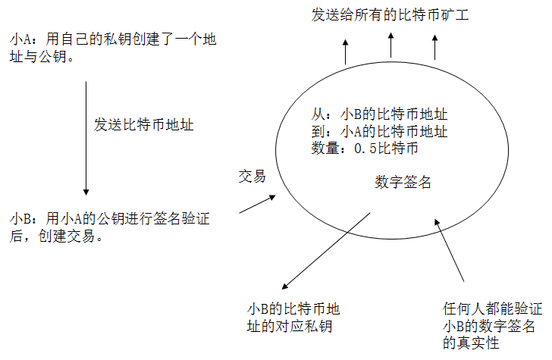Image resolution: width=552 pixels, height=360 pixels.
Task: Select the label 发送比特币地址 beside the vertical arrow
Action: click(x=143, y=124)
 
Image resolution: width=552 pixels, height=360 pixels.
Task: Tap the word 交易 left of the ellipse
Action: click(x=251, y=177)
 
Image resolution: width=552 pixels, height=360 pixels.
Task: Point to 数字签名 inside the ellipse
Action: click(x=403, y=182)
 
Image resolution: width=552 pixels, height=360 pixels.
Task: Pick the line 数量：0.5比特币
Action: click(x=366, y=149)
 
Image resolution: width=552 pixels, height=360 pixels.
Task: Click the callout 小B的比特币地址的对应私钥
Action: click(x=293, y=318)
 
